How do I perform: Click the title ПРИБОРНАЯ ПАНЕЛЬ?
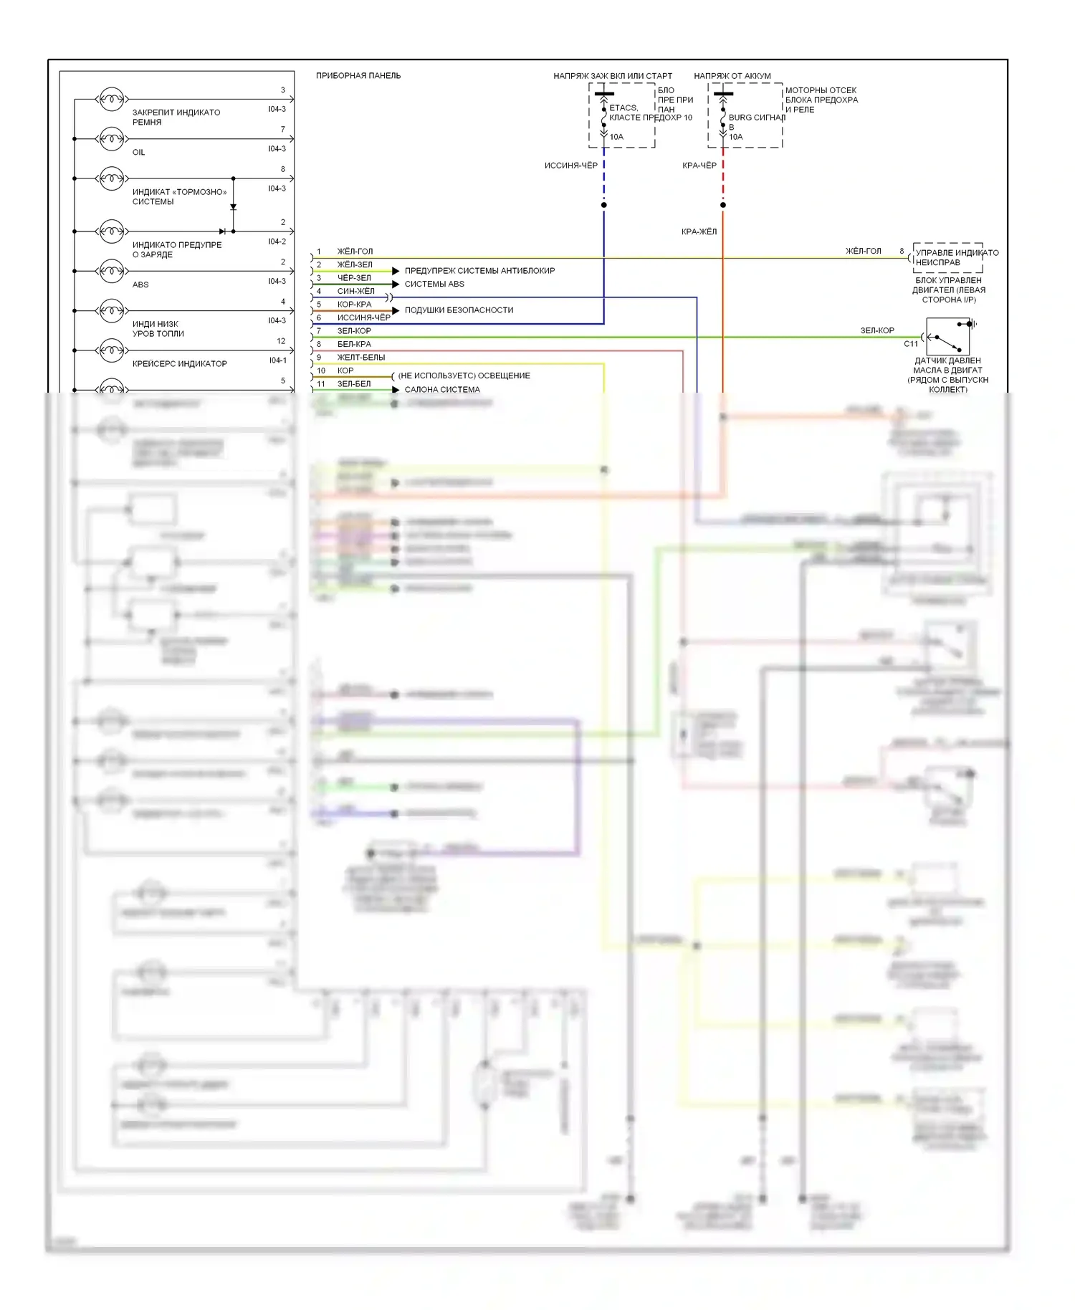point(358,75)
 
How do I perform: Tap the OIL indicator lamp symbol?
point(111,138)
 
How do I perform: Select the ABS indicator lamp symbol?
point(111,271)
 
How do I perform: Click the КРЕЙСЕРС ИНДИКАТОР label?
point(179,363)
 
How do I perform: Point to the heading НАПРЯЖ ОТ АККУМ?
point(732,75)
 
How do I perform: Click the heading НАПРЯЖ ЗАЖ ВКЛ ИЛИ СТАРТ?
point(613,75)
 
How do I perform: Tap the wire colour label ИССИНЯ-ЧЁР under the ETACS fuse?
point(570,166)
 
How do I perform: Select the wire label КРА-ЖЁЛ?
point(699,231)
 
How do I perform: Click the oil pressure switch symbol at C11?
point(947,336)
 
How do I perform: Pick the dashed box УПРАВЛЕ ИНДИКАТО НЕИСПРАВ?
point(948,257)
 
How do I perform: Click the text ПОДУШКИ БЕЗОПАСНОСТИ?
point(459,310)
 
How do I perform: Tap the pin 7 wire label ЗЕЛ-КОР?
point(354,331)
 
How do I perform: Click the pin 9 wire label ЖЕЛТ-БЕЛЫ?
point(361,358)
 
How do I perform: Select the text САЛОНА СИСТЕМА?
point(442,390)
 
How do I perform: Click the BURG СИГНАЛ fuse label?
point(757,118)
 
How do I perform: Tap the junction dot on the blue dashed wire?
point(604,205)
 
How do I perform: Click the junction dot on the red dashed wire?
point(723,205)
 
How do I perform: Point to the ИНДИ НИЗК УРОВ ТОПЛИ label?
point(158,329)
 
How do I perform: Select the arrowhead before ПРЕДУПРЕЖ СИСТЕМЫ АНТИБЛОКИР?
point(396,271)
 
